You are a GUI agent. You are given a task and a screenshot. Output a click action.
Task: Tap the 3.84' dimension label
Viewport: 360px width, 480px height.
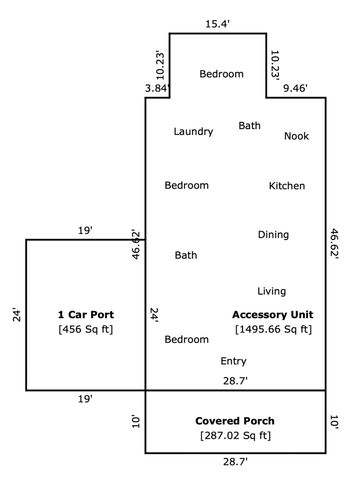(157, 89)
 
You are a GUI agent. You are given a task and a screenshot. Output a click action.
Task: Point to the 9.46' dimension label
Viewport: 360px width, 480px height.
(295, 89)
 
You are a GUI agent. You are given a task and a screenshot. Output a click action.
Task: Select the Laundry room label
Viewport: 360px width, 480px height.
(193, 132)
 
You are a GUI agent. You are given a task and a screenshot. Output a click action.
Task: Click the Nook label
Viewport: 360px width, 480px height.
(296, 136)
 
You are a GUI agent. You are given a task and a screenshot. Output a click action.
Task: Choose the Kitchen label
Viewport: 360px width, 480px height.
(287, 186)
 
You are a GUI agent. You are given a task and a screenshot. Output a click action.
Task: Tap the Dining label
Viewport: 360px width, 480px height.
(273, 235)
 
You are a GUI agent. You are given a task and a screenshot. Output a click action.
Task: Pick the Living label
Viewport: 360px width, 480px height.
(271, 292)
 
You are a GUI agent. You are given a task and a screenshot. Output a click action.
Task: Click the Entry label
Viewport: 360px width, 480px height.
(233, 361)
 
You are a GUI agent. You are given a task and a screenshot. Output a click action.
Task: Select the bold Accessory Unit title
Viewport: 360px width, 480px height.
(273, 315)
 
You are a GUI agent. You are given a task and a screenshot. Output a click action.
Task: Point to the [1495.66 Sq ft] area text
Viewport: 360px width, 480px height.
(273, 329)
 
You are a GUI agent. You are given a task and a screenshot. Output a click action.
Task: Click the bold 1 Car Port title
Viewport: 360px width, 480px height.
(85, 315)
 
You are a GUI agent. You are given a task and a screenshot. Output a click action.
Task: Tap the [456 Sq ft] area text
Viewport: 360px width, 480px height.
(85, 329)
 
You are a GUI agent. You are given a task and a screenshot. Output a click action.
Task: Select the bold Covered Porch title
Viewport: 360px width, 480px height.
(236, 421)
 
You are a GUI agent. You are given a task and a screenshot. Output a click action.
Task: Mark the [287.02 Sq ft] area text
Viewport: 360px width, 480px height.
(236, 435)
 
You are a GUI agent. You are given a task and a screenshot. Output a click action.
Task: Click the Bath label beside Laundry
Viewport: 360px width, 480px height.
(249, 126)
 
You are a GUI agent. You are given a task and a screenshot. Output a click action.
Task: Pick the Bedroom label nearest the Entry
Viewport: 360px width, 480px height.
(187, 340)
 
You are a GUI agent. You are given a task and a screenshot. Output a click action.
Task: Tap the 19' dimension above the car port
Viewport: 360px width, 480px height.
(85, 231)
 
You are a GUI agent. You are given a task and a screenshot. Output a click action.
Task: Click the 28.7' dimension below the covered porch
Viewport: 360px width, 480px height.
(236, 462)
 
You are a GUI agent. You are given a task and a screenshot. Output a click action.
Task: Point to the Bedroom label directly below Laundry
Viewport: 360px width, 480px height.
(187, 186)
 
